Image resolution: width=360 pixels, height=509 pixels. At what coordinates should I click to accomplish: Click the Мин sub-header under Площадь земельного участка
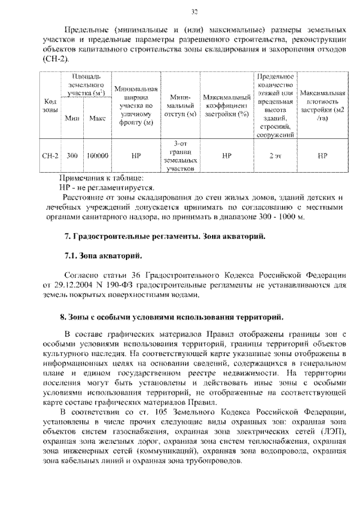click(71, 118)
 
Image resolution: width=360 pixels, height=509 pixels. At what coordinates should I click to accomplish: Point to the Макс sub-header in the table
click(97, 118)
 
